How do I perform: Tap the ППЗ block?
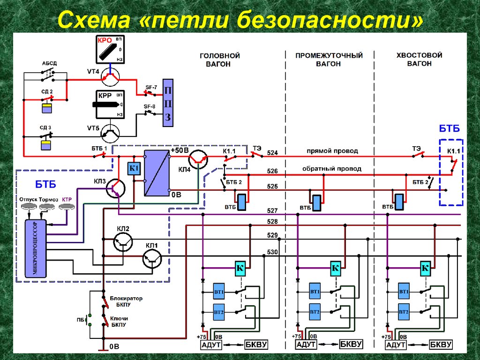pyautogui.click(x=167, y=103)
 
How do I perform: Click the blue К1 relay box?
pyautogui.click(x=134, y=168)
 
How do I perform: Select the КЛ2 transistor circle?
pyautogui.click(x=123, y=242)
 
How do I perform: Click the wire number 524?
pyautogui.click(x=272, y=153)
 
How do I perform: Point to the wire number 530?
pyautogui.click(x=272, y=253)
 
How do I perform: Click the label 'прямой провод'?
pyautogui.click(x=332, y=151)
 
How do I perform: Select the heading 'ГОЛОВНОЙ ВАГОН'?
pyautogui.click(x=219, y=60)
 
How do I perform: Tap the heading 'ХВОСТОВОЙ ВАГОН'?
pyautogui.click(x=419, y=59)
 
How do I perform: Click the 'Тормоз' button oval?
pyautogui.click(x=49, y=207)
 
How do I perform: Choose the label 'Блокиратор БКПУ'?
pyautogui.click(x=126, y=301)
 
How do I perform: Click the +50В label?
pyautogui.click(x=180, y=151)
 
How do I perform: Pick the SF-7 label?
pyautogui.click(x=151, y=87)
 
